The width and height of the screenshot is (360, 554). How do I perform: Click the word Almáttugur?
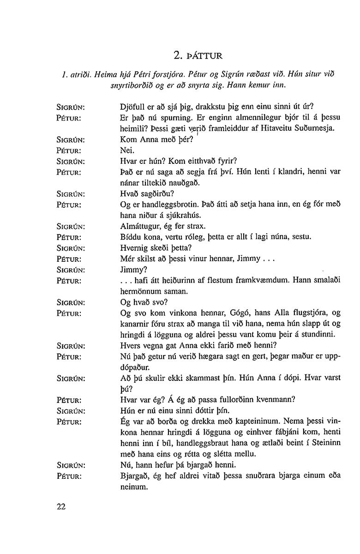click(x=139, y=227)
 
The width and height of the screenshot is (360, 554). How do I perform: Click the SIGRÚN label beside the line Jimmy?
click(x=71, y=270)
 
